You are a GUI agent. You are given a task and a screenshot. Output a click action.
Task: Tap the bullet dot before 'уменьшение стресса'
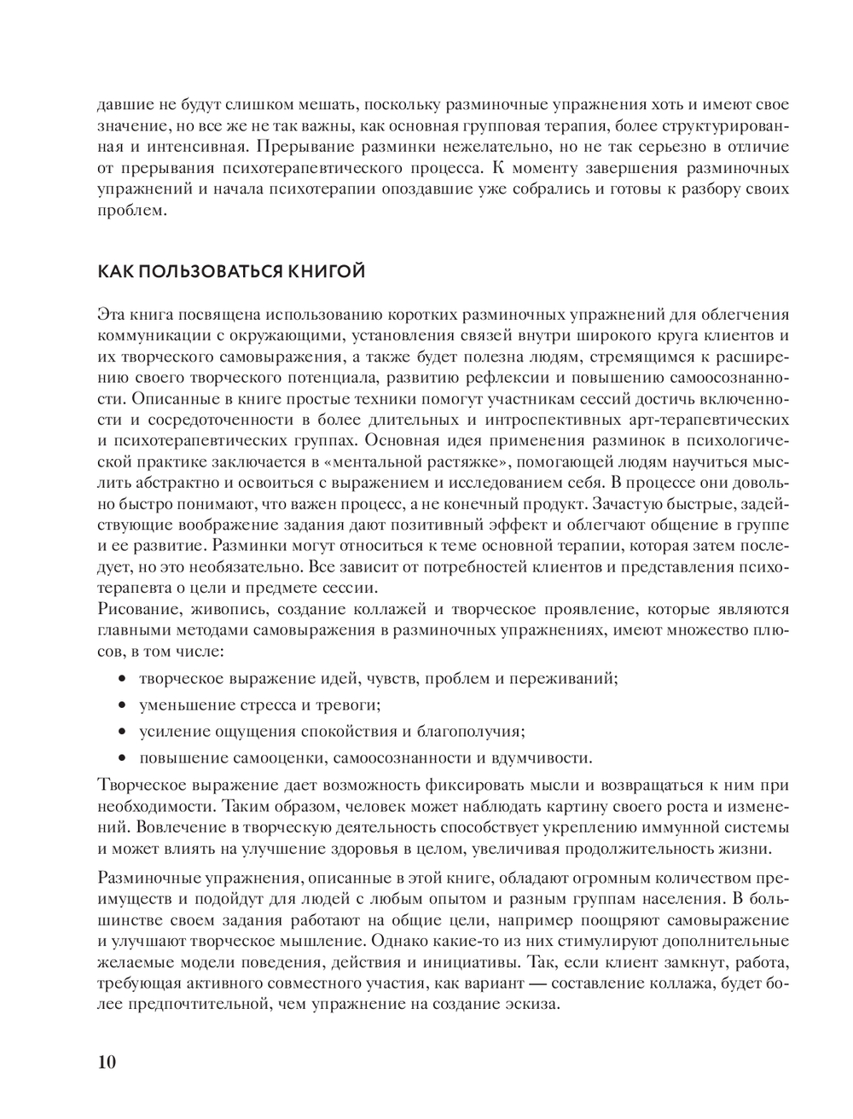[122, 705]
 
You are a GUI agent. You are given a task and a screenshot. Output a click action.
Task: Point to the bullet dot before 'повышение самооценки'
[122, 758]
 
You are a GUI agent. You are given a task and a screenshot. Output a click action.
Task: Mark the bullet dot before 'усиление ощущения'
[122, 732]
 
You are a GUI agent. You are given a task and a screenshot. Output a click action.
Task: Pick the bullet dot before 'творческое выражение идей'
[122, 680]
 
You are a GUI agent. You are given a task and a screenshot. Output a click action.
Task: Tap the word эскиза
[534, 1004]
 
